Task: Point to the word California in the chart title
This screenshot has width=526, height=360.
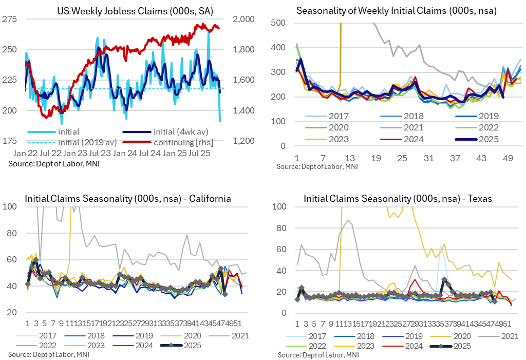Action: tap(206, 199)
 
